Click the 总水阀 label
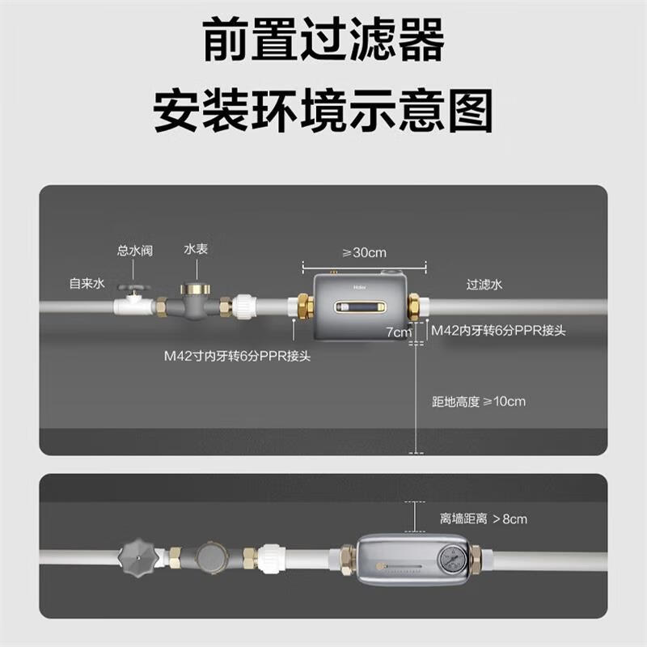135,251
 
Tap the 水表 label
196,249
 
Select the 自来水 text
87,284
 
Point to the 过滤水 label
484,285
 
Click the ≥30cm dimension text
365,252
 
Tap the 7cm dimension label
399,332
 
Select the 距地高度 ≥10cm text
479,401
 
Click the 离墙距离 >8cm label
483,518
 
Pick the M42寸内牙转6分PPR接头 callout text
237,356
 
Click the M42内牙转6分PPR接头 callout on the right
498,331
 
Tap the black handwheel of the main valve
133,288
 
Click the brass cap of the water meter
195,288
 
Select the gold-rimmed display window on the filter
361,307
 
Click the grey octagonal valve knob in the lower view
138,558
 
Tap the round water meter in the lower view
211,557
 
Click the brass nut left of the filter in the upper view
304,308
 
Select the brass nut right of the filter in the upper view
414,307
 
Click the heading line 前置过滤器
323,40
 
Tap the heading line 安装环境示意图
323,111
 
